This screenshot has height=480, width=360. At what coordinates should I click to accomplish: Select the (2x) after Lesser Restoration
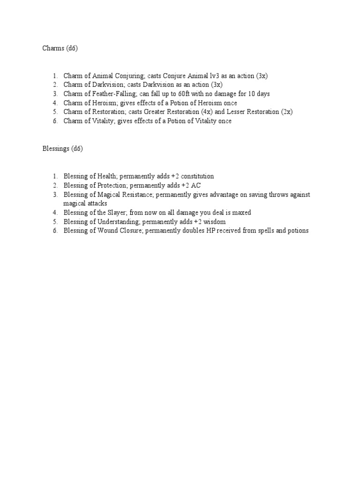(x=286, y=112)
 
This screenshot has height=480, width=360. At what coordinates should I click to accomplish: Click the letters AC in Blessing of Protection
(x=195, y=186)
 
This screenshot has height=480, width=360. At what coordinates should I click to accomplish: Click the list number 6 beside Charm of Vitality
(x=55, y=121)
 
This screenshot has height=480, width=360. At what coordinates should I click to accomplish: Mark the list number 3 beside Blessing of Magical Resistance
(x=55, y=195)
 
